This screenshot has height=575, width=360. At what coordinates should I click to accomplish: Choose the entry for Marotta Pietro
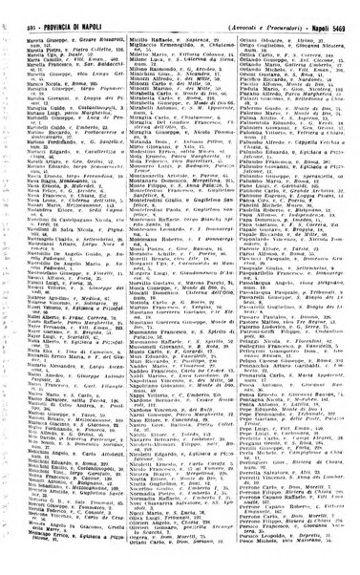(x=40, y=39)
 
